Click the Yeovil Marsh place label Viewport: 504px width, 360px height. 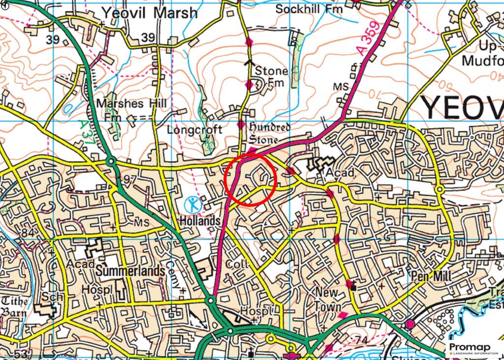(x=149, y=13)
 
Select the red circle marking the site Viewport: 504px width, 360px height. (x=251, y=179)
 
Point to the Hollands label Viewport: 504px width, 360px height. (x=200, y=221)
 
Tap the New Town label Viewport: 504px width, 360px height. (x=327, y=299)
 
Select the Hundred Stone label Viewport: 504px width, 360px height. (x=270, y=134)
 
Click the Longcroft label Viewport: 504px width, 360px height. (x=194, y=130)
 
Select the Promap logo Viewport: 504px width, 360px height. (x=473, y=348)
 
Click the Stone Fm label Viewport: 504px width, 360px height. (x=271, y=77)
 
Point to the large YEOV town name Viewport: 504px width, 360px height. (x=463, y=108)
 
